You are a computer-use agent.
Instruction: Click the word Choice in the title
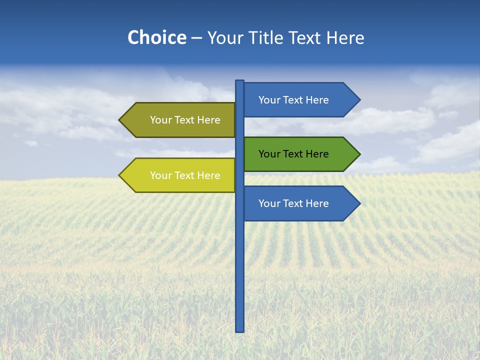[x=156, y=37]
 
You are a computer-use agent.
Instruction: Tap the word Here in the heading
[x=345, y=37]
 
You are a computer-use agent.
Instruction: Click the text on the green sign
[x=293, y=154]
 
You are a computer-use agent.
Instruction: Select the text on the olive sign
[x=185, y=120]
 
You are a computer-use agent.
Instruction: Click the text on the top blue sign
[x=293, y=100]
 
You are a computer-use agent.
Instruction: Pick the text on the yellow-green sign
[x=185, y=175]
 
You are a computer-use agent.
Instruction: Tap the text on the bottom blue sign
[x=293, y=203]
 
